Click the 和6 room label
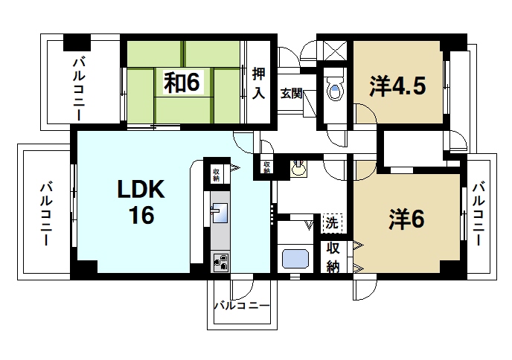point(182,83)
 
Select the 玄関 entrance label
point(291,94)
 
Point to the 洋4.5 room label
point(397,85)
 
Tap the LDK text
point(142,190)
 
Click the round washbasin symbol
point(299,169)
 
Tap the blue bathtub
point(296,260)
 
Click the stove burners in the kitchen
point(221,262)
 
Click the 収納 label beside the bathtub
point(333,257)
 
